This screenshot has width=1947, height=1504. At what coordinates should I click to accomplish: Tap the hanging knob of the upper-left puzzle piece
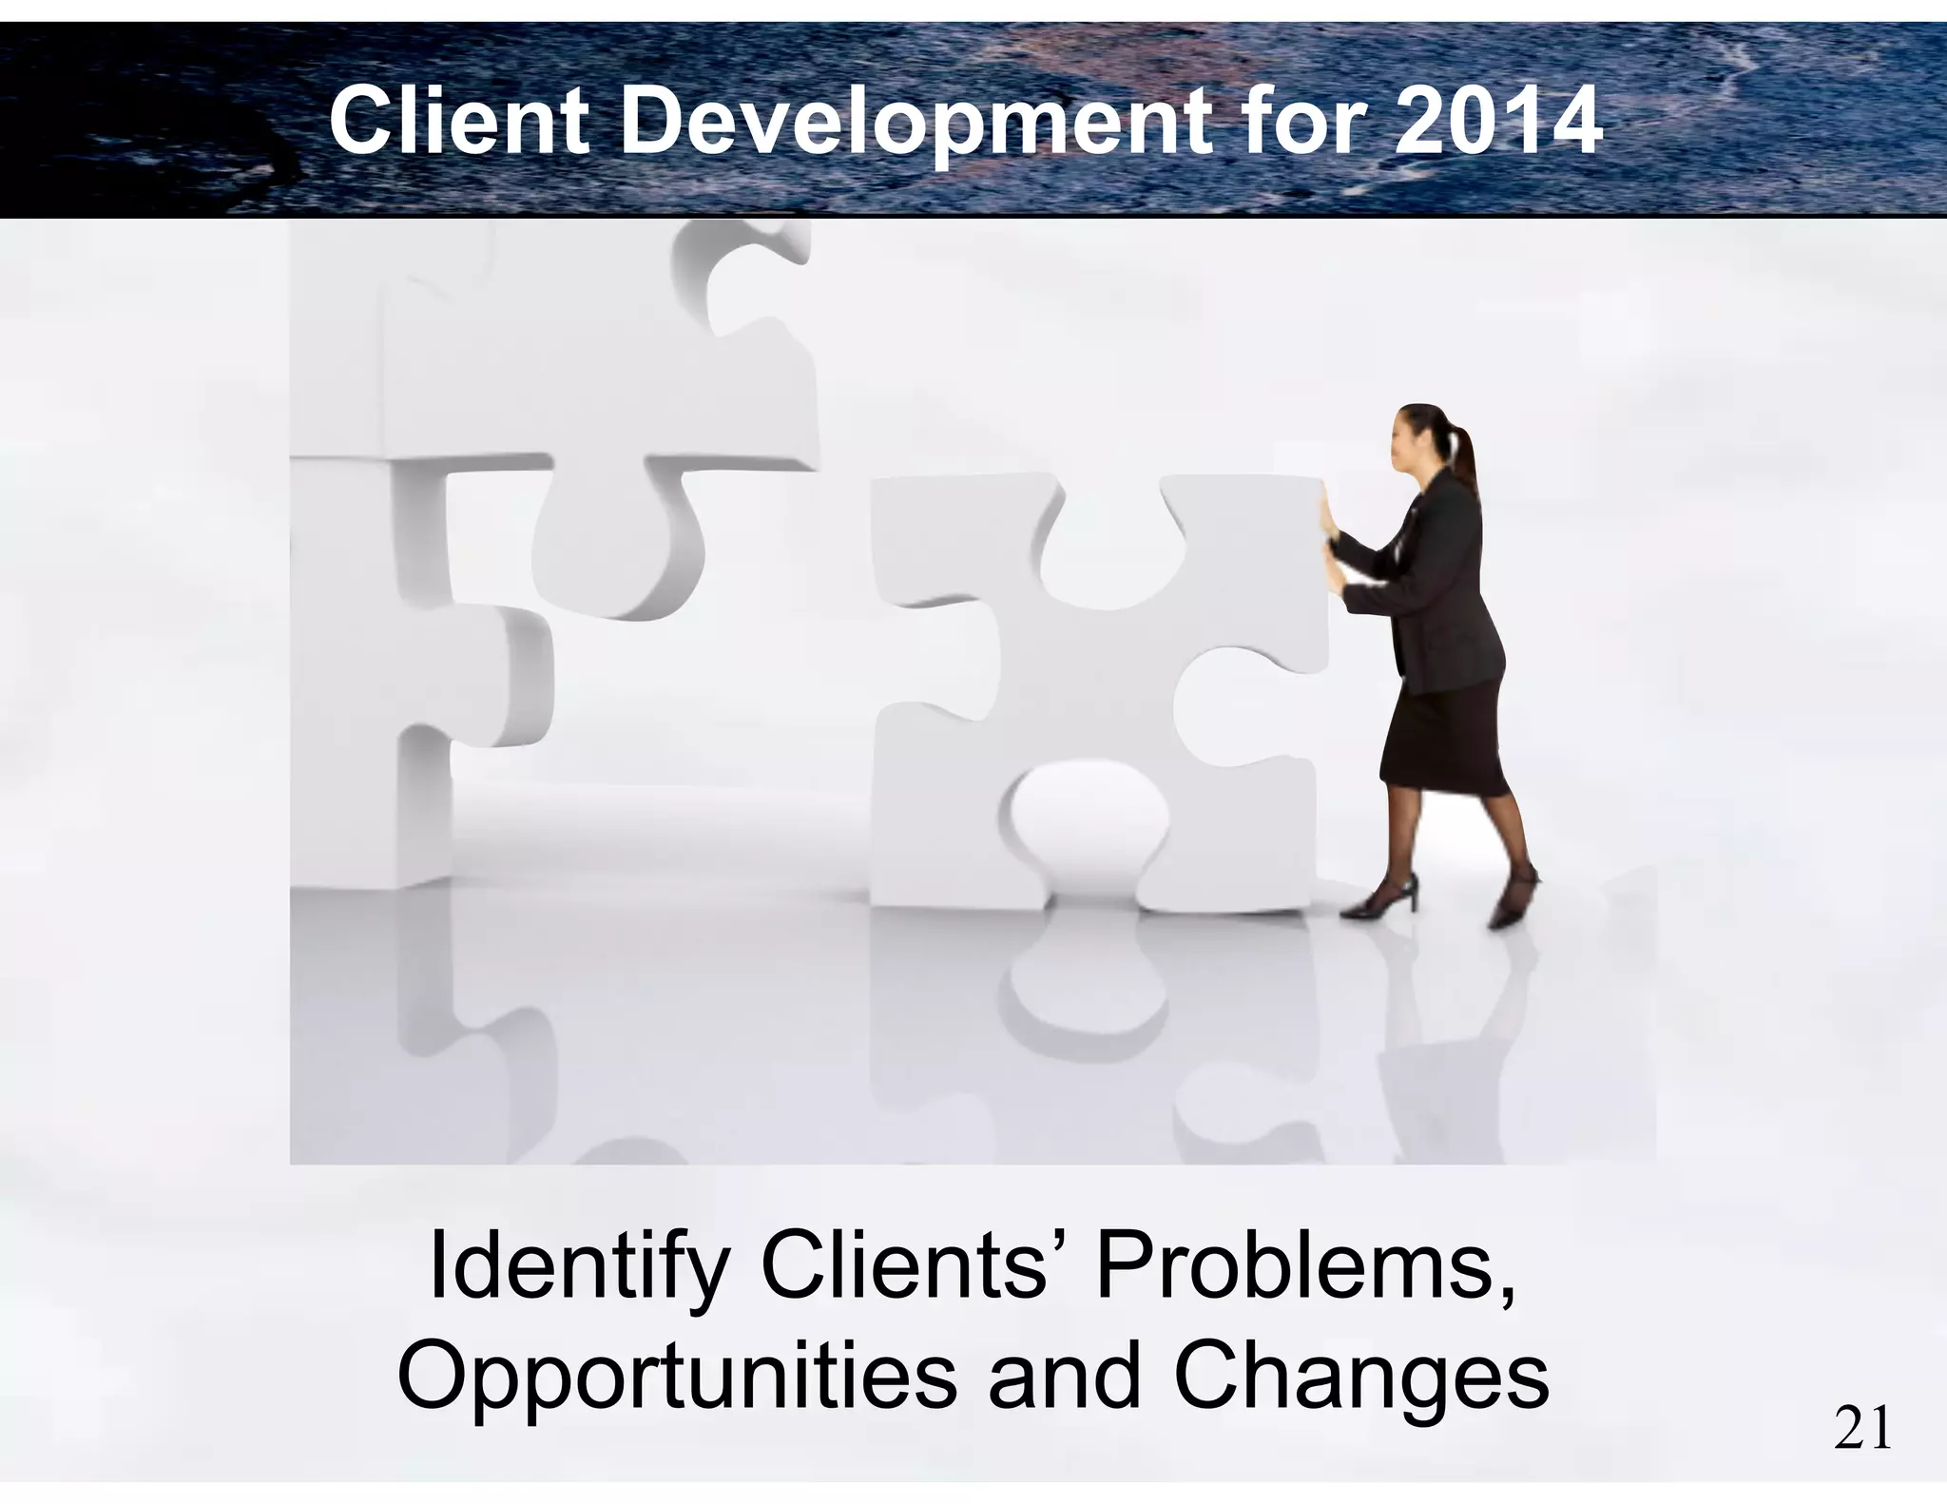pyautogui.click(x=613, y=551)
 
